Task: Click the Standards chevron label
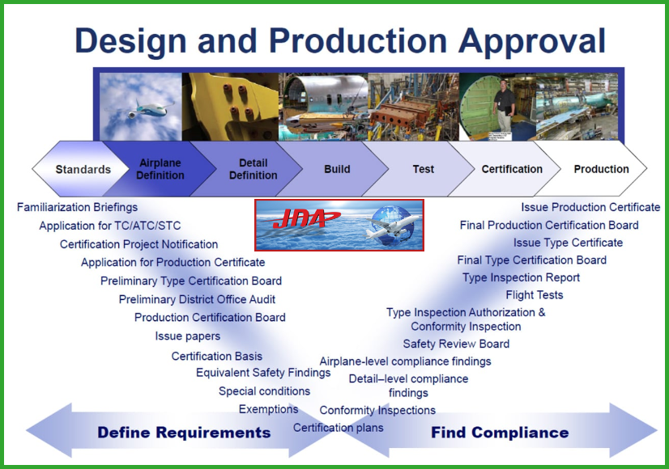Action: (x=83, y=170)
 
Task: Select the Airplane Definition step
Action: (x=160, y=169)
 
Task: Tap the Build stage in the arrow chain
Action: (x=337, y=169)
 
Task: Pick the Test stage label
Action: (x=424, y=169)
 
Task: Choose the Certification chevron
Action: (x=512, y=169)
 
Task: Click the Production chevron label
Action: (x=601, y=169)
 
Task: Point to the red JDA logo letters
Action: (x=300, y=219)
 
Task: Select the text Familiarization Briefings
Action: (x=77, y=208)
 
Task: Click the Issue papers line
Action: (x=188, y=336)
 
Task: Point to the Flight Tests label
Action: (x=535, y=295)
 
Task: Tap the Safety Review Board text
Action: (x=456, y=344)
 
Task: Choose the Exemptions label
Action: (x=268, y=409)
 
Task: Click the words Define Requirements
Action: (x=184, y=433)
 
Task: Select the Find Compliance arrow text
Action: (x=500, y=433)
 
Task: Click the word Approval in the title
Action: (x=532, y=41)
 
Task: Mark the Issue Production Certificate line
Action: (x=590, y=208)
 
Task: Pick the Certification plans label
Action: (x=338, y=428)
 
